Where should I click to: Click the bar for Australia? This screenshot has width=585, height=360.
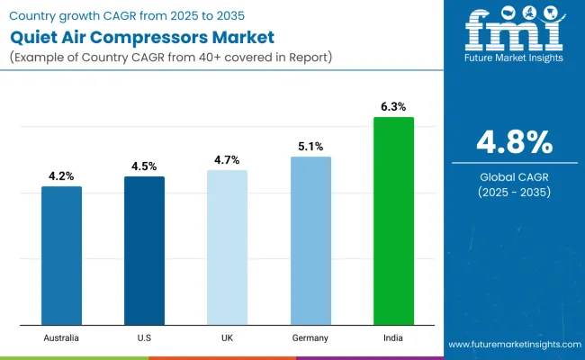coord(61,256)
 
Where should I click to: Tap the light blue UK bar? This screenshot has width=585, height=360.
coord(227,247)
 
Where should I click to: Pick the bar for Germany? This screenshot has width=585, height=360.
coord(310,240)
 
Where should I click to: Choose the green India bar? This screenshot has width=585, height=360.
coord(393,220)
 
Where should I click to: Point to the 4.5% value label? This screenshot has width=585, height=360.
coord(144,166)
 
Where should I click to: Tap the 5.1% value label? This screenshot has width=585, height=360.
coord(310,147)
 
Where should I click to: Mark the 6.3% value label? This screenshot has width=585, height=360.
coord(393,107)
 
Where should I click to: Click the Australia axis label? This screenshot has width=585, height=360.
coord(61,337)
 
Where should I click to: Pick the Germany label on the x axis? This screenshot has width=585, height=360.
coord(310,337)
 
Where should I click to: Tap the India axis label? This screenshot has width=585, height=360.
coord(393,337)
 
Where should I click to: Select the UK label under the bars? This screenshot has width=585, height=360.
coord(227,337)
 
